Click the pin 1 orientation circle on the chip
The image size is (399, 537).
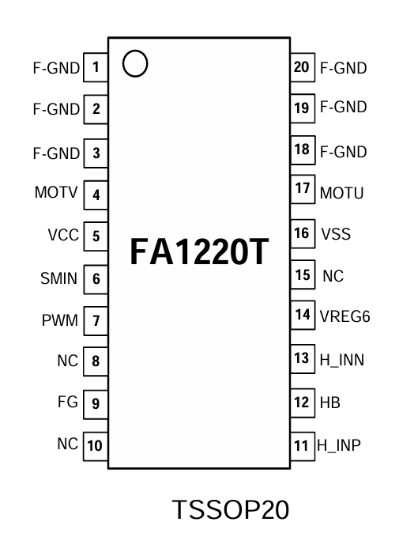(136, 65)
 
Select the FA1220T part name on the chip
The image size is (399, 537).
(199, 252)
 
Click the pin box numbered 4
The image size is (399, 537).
(96, 194)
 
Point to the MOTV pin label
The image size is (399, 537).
(56, 193)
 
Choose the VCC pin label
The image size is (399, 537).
(62, 236)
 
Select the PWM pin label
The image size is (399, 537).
(60, 321)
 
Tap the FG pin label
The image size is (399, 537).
(68, 403)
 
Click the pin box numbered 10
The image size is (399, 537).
(95, 445)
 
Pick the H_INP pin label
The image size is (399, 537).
(339, 445)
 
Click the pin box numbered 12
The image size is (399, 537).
(301, 403)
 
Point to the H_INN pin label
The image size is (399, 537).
(341, 360)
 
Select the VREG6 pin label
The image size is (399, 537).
(344, 316)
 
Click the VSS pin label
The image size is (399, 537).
(335, 234)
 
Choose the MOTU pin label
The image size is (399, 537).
(341, 193)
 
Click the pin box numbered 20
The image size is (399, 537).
(301, 67)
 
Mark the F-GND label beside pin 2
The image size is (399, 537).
(56, 109)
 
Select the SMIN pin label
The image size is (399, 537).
(59, 278)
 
